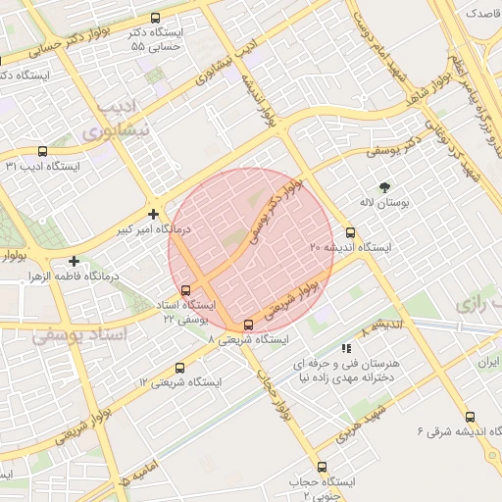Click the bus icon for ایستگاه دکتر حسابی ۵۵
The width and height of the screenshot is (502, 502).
click(x=155, y=18)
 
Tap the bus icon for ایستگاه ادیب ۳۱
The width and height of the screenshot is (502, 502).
click(x=41, y=151)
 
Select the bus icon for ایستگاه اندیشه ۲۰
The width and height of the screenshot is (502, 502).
click(x=351, y=233)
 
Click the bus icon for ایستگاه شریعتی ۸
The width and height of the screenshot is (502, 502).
click(x=248, y=325)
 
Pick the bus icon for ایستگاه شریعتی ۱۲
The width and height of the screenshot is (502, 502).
click(x=178, y=368)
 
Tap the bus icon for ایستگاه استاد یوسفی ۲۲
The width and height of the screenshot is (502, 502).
click(x=186, y=289)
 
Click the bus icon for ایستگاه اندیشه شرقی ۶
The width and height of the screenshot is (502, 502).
click(x=470, y=417)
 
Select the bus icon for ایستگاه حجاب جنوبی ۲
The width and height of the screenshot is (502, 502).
click(x=322, y=467)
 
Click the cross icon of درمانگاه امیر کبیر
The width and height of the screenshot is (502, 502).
click(x=153, y=213)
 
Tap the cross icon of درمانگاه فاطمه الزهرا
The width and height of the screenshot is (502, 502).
click(x=75, y=261)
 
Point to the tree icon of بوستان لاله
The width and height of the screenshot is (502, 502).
click(x=383, y=186)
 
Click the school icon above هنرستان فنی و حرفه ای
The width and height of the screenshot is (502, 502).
click(x=345, y=348)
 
